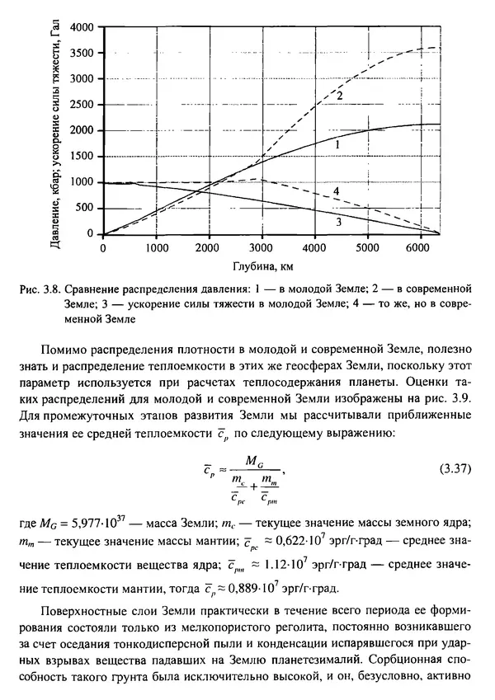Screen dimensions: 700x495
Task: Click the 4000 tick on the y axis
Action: click(x=84, y=27)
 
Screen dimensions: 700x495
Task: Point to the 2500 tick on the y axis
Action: click(x=84, y=105)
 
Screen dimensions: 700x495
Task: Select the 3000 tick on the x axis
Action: click(x=261, y=247)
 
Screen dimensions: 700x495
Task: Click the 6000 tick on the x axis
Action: click(x=418, y=247)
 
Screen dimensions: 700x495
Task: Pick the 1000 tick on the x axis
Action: click(x=156, y=247)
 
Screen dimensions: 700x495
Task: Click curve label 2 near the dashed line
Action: click(x=338, y=96)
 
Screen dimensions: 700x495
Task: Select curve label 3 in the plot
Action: click(x=337, y=222)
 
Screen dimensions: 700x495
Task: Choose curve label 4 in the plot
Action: click(x=337, y=191)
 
